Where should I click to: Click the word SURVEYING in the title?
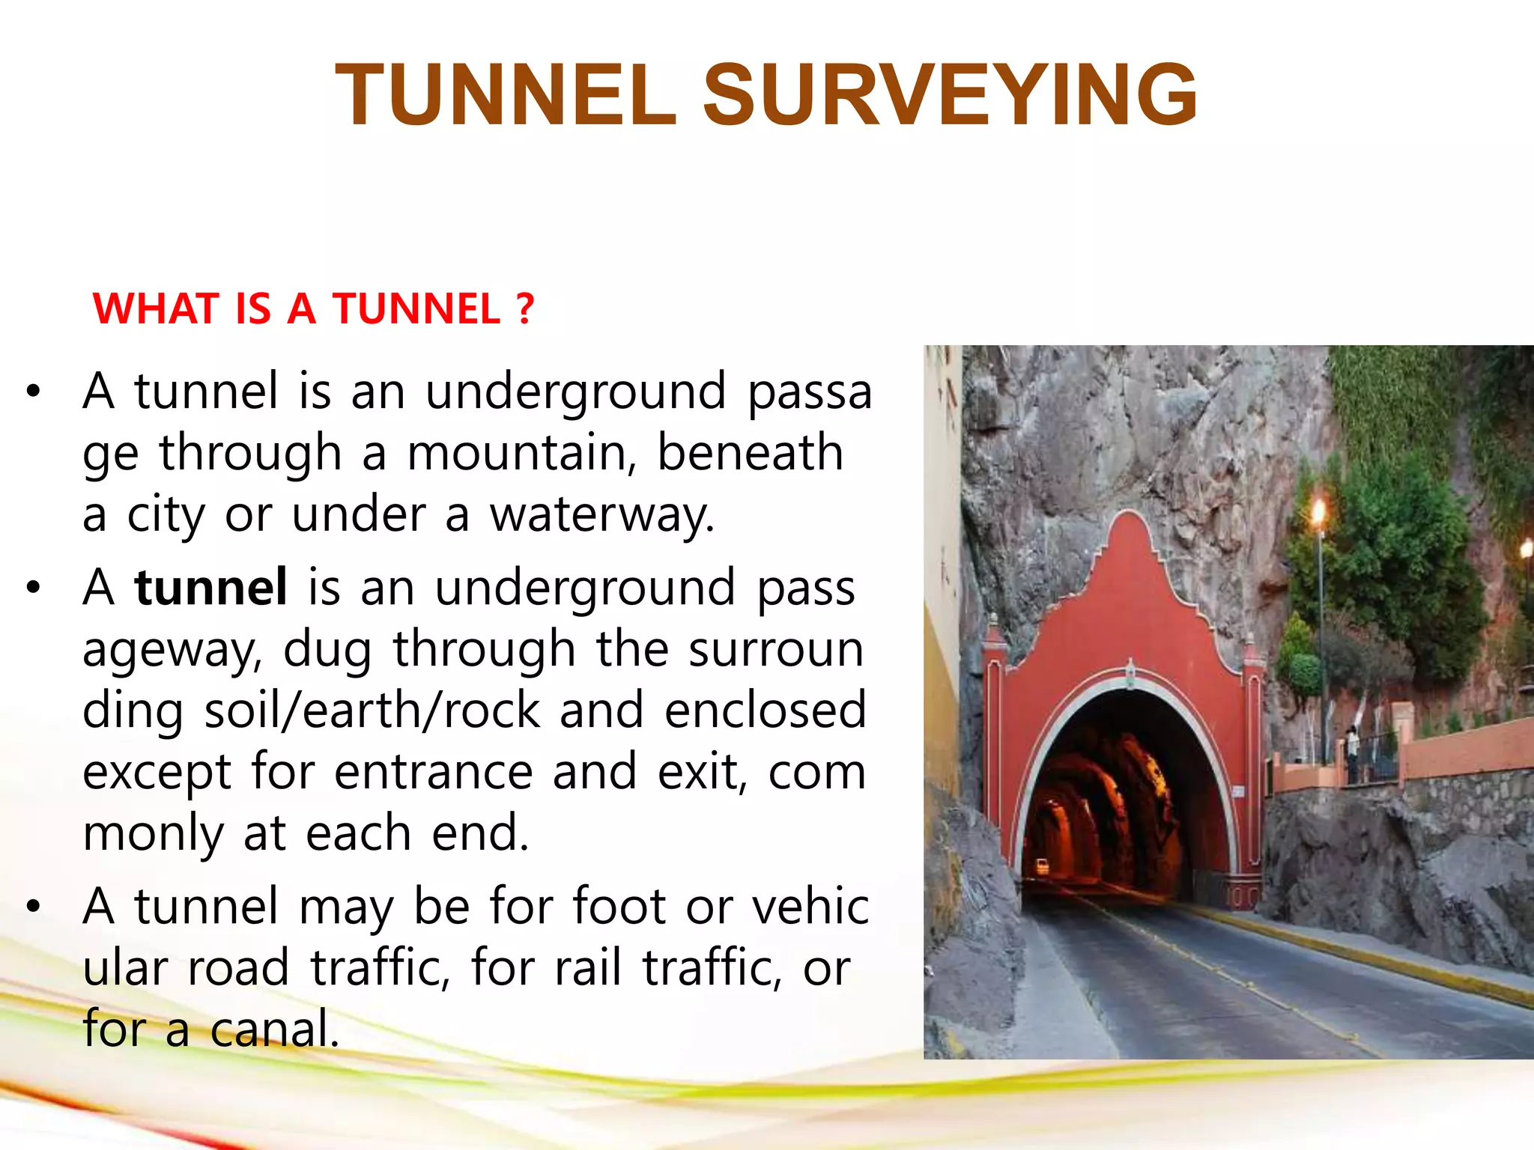(x=950, y=95)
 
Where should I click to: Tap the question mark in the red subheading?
(x=525, y=308)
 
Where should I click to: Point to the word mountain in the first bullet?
(x=521, y=453)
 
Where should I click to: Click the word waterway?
(x=602, y=515)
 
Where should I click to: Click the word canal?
(x=275, y=1029)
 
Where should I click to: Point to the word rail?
(x=588, y=968)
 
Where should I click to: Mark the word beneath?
(x=750, y=453)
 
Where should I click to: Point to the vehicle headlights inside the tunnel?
(x=1042, y=867)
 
